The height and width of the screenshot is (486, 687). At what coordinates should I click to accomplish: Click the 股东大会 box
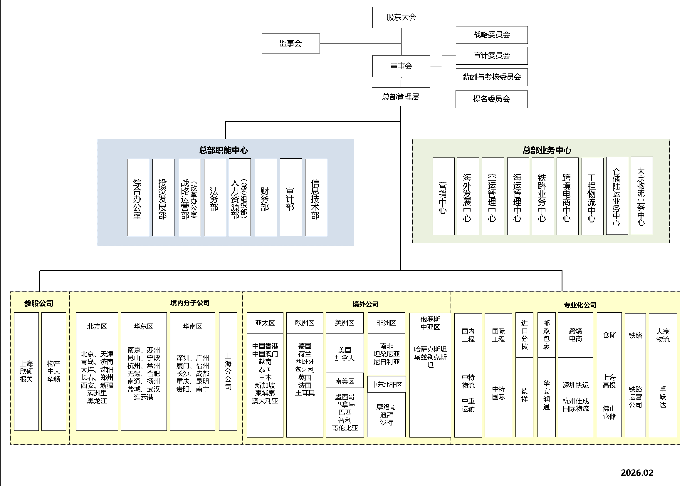[401, 17]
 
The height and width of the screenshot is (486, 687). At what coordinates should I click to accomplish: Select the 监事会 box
[290, 43]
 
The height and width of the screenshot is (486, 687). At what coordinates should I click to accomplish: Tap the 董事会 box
[401, 66]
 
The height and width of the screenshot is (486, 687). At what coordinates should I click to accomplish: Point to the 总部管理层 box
[401, 97]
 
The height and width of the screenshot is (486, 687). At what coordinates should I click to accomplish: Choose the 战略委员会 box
[491, 35]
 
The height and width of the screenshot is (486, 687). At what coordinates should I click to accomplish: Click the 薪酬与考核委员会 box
[491, 77]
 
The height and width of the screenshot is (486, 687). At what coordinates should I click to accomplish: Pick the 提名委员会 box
[491, 99]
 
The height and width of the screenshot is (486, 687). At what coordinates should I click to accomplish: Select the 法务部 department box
[215, 197]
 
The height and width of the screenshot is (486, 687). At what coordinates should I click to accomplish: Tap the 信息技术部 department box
[316, 197]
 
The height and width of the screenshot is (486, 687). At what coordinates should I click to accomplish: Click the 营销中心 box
[444, 196]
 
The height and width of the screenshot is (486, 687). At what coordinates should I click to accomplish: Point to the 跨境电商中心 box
[567, 196]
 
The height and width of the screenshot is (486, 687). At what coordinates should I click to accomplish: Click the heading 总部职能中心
[224, 150]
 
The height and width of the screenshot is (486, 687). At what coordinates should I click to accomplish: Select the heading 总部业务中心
[547, 150]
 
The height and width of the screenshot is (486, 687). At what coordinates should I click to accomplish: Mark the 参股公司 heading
[38, 304]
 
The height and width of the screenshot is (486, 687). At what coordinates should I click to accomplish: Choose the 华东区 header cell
[144, 326]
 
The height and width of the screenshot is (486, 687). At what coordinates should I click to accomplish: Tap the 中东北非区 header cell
[386, 385]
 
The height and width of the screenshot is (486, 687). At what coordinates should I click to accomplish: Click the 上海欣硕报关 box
[26, 371]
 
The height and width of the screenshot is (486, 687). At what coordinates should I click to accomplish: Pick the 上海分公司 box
[228, 371]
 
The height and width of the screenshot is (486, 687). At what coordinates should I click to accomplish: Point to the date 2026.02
[637, 472]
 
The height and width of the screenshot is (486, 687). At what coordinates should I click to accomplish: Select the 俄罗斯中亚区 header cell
[430, 323]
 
